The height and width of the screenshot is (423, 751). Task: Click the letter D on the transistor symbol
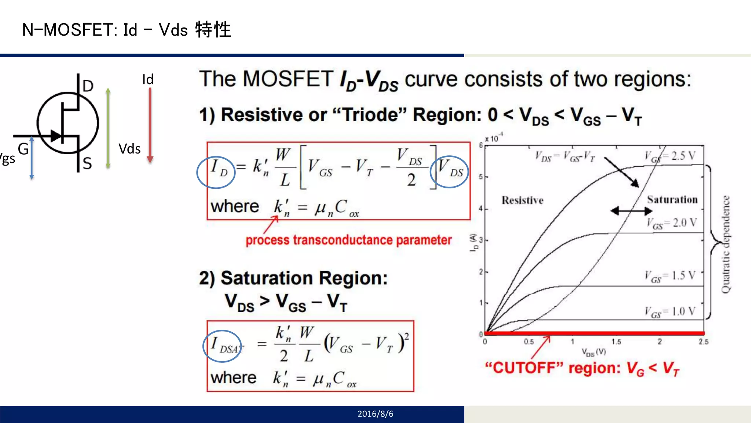pos(88,86)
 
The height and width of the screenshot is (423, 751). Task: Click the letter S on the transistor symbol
pos(87,163)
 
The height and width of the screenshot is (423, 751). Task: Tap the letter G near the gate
pos(23,149)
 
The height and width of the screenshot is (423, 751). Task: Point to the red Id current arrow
pos(150,125)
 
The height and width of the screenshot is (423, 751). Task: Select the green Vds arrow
pos(108,128)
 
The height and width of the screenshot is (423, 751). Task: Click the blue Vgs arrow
pos(32,158)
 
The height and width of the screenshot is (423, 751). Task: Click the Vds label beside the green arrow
pos(129,149)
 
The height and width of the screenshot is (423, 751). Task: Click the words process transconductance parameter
pos(348,240)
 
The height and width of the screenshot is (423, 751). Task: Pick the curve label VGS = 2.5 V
pos(670,156)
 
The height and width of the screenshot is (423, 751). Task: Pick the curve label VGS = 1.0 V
pos(670,312)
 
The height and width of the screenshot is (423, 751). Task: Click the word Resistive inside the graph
pos(523,200)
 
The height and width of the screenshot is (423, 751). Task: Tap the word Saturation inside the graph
pos(672,200)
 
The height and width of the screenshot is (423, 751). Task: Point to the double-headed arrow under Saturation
pos(631,211)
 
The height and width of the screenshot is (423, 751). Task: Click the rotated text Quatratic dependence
pos(725,244)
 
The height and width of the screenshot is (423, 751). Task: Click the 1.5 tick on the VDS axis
pos(616,342)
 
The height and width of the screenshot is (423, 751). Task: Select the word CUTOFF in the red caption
pos(525,368)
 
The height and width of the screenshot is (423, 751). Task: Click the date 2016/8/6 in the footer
pos(375,414)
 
